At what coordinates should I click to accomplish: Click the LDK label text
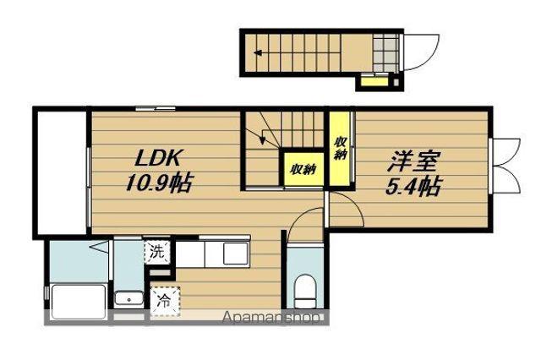(x=156, y=160)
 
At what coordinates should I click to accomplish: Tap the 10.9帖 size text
(x=159, y=182)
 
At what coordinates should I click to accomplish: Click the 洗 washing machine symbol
(x=157, y=252)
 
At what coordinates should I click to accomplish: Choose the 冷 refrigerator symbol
(x=165, y=299)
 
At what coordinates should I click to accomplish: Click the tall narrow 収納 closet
(x=340, y=150)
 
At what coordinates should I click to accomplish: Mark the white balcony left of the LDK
(x=61, y=173)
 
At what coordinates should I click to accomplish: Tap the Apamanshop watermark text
(x=272, y=319)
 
